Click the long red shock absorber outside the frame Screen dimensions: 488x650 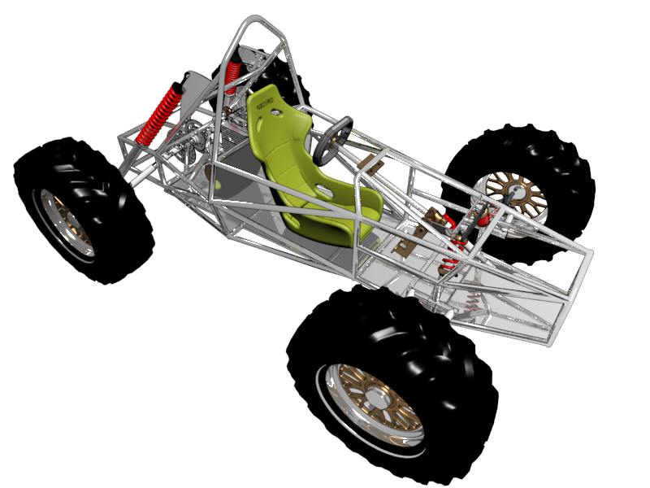pos(159,115)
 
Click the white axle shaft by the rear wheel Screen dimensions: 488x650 pos(143,175)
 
